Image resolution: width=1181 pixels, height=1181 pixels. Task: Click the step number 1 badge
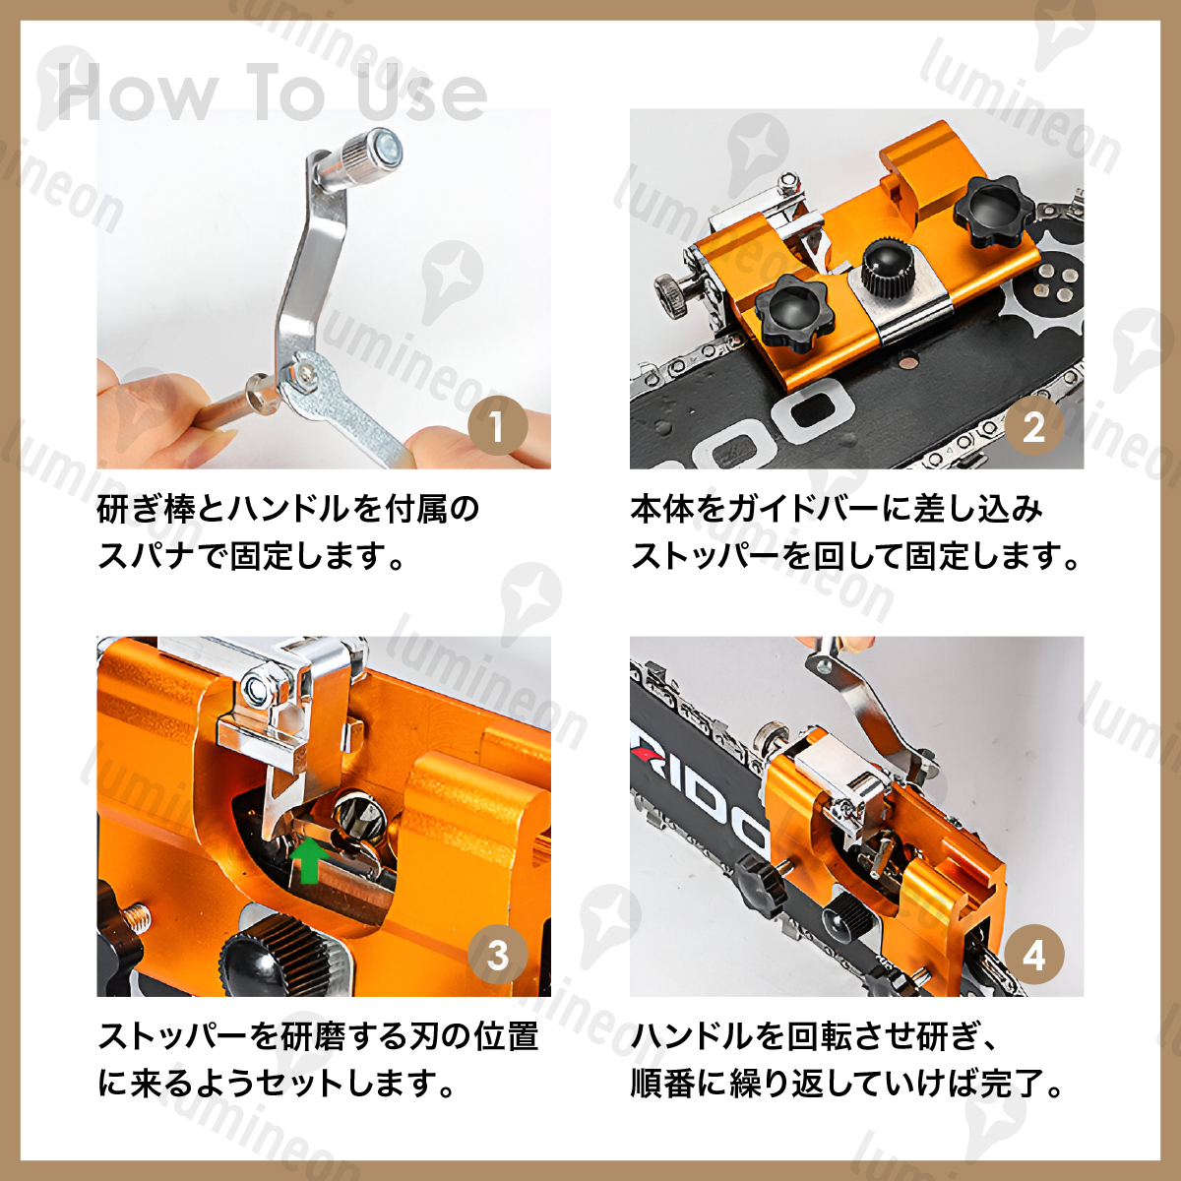498,425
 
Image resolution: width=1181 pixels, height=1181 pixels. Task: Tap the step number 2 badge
1034,425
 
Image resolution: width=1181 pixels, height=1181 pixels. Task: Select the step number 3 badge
498,955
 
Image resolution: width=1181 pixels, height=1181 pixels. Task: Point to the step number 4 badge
1034,955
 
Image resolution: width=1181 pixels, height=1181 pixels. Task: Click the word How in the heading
136,92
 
